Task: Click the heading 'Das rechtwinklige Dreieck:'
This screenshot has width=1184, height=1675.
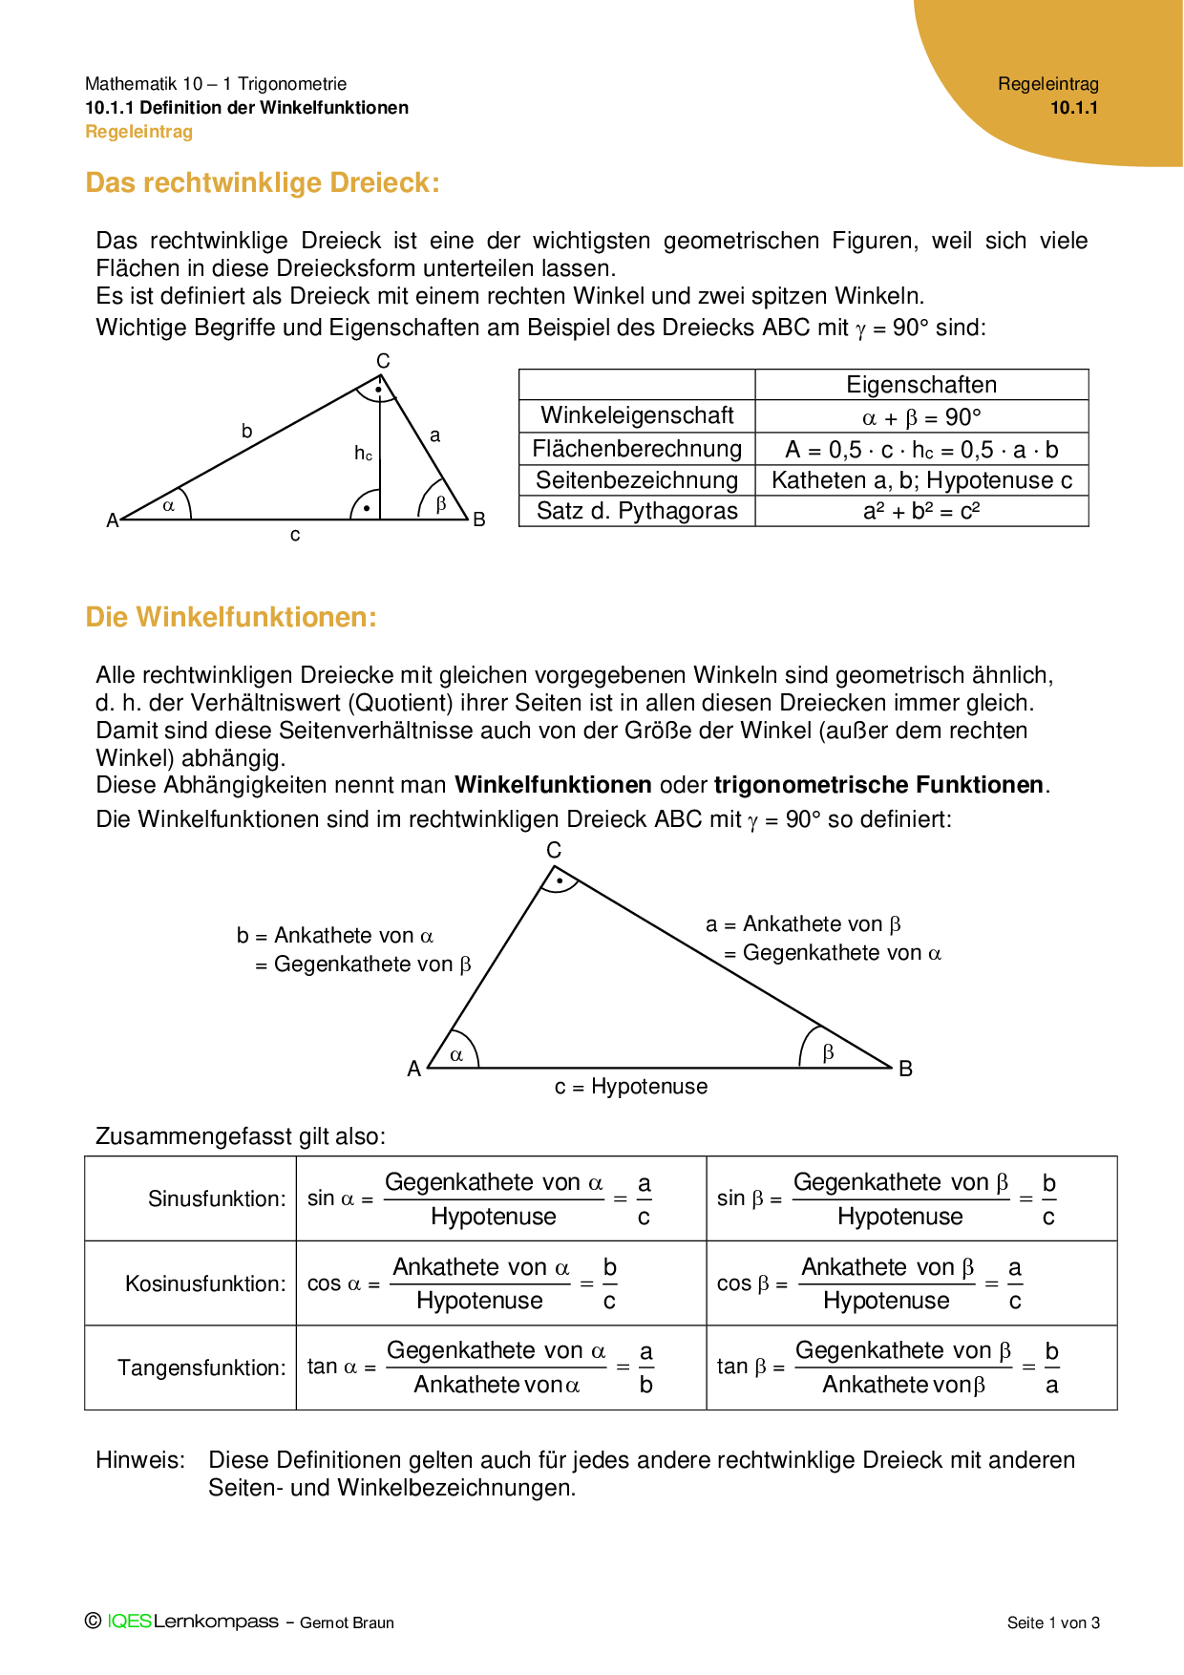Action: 263,182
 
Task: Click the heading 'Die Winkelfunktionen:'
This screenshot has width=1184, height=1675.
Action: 231,617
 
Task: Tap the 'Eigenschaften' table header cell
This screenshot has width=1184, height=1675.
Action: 921,385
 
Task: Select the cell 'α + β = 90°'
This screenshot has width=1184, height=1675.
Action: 921,417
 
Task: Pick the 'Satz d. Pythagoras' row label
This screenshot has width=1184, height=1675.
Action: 637,511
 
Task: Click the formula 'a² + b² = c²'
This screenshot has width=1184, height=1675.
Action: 921,511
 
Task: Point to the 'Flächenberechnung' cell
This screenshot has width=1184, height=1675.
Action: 637,449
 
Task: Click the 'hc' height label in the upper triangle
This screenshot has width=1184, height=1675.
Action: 363,454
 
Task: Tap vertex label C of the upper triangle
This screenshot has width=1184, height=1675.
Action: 383,361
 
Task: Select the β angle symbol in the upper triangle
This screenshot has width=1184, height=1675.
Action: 441,503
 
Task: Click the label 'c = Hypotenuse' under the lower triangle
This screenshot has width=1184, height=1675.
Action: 631,1087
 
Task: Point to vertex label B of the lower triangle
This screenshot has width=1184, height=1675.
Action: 906,1069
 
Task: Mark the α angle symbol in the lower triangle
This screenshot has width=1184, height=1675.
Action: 456,1055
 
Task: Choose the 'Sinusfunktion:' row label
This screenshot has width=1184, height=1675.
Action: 217,1198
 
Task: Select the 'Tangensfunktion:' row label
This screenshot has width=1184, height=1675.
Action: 201,1368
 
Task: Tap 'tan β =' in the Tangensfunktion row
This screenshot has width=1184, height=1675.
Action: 751,1367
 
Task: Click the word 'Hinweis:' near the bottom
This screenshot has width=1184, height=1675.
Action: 140,1460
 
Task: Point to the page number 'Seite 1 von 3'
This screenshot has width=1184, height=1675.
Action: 1053,1622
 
